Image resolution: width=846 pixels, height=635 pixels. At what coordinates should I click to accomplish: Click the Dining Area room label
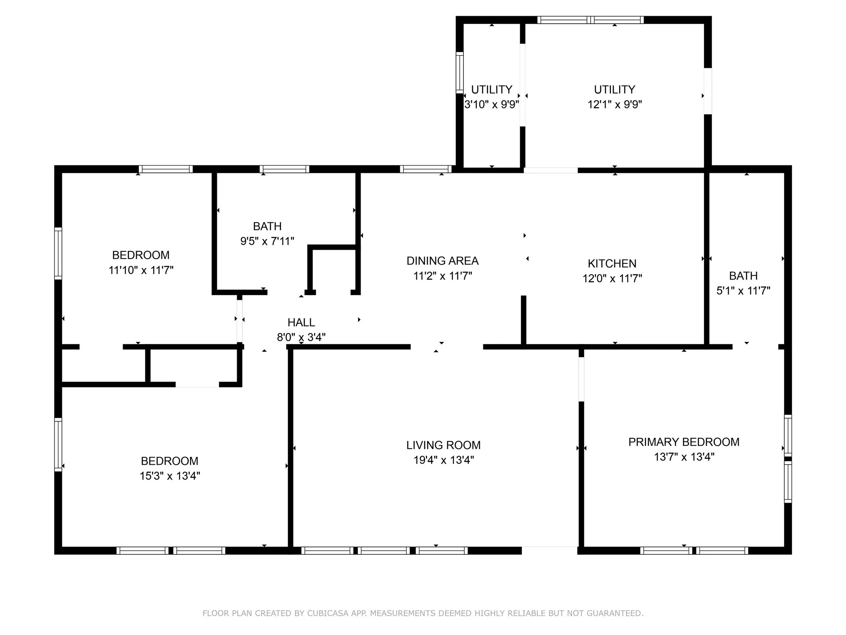[x=442, y=261]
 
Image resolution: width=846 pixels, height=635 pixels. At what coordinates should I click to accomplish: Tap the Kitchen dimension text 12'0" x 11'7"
[x=612, y=278]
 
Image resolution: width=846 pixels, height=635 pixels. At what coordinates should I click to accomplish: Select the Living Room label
[x=443, y=445]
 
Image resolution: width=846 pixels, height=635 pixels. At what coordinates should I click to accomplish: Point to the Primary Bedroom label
[x=684, y=442]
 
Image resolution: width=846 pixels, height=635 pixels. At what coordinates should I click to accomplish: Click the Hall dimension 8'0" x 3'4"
[x=301, y=337]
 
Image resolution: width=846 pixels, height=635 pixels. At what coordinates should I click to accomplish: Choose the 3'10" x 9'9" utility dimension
[x=492, y=104]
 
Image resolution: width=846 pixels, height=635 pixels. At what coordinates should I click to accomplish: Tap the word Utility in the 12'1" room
[x=615, y=89]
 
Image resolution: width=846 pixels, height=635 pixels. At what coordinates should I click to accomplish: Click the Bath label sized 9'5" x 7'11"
[x=267, y=226]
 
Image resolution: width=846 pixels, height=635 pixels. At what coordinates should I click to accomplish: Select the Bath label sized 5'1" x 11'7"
[x=743, y=276]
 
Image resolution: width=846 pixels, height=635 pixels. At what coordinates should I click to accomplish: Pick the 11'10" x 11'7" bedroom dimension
[x=141, y=270]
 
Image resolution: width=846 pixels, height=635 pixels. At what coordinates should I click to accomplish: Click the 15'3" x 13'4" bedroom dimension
[x=170, y=476]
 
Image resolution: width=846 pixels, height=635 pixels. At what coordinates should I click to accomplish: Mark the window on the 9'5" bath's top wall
[x=285, y=169]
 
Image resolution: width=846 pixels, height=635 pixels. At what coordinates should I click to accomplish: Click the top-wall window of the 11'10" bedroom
[x=166, y=169]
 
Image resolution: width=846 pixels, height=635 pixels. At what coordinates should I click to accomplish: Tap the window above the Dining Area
[x=425, y=169]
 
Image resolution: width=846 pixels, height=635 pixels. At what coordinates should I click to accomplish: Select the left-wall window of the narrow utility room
[x=459, y=73]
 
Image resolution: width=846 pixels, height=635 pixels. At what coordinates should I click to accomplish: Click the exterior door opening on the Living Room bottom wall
[x=549, y=550]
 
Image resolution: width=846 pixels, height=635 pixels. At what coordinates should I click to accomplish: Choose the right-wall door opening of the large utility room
[x=708, y=91]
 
